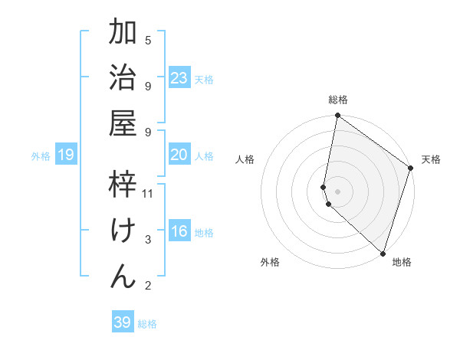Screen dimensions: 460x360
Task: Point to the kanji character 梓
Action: point(123,184)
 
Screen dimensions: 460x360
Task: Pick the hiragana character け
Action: point(123,230)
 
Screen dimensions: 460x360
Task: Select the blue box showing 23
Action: point(179,78)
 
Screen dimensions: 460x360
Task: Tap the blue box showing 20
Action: point(179,155)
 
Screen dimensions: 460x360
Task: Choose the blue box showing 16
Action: point(179,231)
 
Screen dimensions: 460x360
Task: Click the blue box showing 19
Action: point(66,155)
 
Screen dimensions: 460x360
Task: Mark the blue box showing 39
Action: point(123,322)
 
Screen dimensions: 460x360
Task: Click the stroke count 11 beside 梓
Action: point(149,194)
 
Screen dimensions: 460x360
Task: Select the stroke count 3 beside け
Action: point(148,240)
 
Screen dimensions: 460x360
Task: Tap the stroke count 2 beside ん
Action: point(148,286)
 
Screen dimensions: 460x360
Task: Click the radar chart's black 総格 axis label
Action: point(338,100)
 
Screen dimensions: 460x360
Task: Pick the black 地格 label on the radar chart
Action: point(402,262)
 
